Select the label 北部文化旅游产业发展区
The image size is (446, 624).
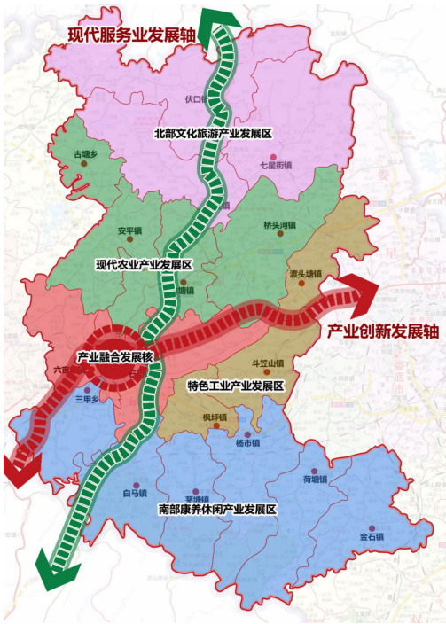point(211,133)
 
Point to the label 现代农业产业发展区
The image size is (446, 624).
point(144,264)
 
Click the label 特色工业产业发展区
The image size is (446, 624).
point(235,386)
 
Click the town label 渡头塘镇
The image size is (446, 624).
point(304,274)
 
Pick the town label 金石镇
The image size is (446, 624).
point(371,536)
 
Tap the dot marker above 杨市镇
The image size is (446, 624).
point(246,433)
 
